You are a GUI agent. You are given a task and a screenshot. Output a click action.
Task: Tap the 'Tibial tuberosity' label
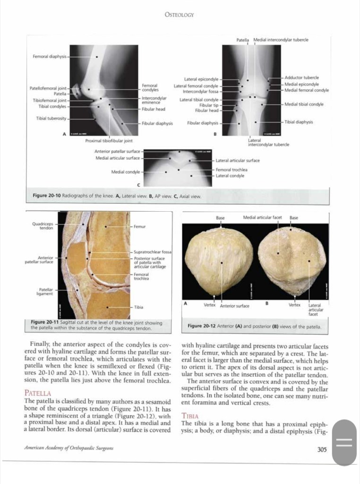click(51, 118)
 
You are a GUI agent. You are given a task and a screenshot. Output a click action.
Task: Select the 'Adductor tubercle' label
click(301, 77)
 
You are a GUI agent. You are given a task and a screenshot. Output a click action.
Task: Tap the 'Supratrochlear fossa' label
click(152, 252)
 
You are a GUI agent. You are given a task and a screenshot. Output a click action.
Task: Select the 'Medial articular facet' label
click(262, 217)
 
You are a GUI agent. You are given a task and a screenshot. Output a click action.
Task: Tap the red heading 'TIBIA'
click(189, 416)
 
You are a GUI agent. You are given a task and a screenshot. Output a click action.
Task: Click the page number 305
click(322, 450)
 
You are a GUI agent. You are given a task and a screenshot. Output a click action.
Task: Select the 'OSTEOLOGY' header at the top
click(179, 15)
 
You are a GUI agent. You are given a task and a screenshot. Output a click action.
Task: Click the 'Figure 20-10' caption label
click(46, 195)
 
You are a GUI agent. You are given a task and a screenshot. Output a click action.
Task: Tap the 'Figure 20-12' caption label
click(201, 326)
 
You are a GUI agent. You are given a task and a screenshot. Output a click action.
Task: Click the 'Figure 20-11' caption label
click(44, 323)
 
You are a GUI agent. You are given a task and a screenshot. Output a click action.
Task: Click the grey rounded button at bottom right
click(344, 443)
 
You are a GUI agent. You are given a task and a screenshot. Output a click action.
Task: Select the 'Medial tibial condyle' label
click(304, 104)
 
